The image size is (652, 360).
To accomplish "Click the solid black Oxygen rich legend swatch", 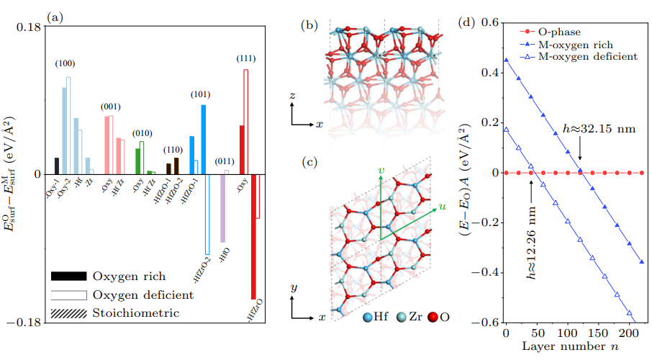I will point(68,276).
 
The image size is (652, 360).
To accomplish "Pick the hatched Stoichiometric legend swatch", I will point(68,313).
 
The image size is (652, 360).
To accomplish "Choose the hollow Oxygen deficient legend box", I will point(68,295).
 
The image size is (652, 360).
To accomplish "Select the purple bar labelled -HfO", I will point(222,208).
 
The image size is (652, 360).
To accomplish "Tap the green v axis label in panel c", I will point(381,169).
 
